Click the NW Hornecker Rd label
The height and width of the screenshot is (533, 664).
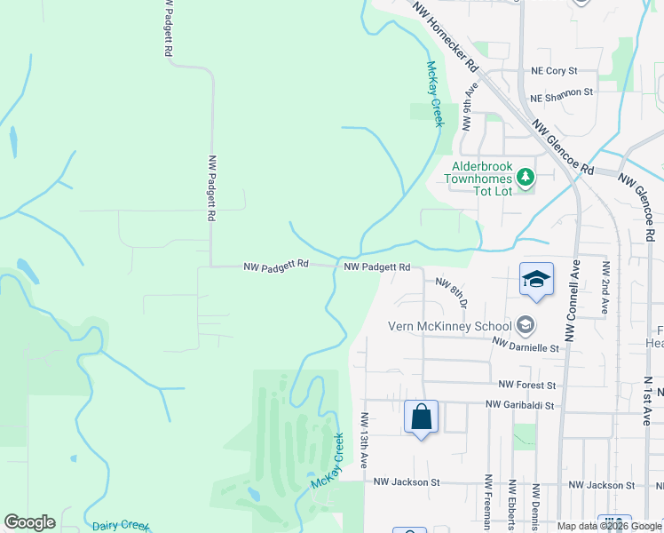point(445,36)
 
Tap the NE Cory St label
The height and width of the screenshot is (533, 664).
point(554,70)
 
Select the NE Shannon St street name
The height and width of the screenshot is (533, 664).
point(561,92)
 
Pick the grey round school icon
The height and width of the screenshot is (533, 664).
point(526,325)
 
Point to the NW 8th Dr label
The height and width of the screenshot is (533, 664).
point(451,291)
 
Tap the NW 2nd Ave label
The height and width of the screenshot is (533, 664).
point(606,287)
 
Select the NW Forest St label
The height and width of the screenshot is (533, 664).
point(526,386)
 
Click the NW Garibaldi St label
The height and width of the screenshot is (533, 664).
point(519,405)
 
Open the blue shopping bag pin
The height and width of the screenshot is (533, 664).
point(421,417)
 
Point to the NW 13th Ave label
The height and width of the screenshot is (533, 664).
point(365,440)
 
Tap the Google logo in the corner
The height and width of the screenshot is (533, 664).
point(29,522)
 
